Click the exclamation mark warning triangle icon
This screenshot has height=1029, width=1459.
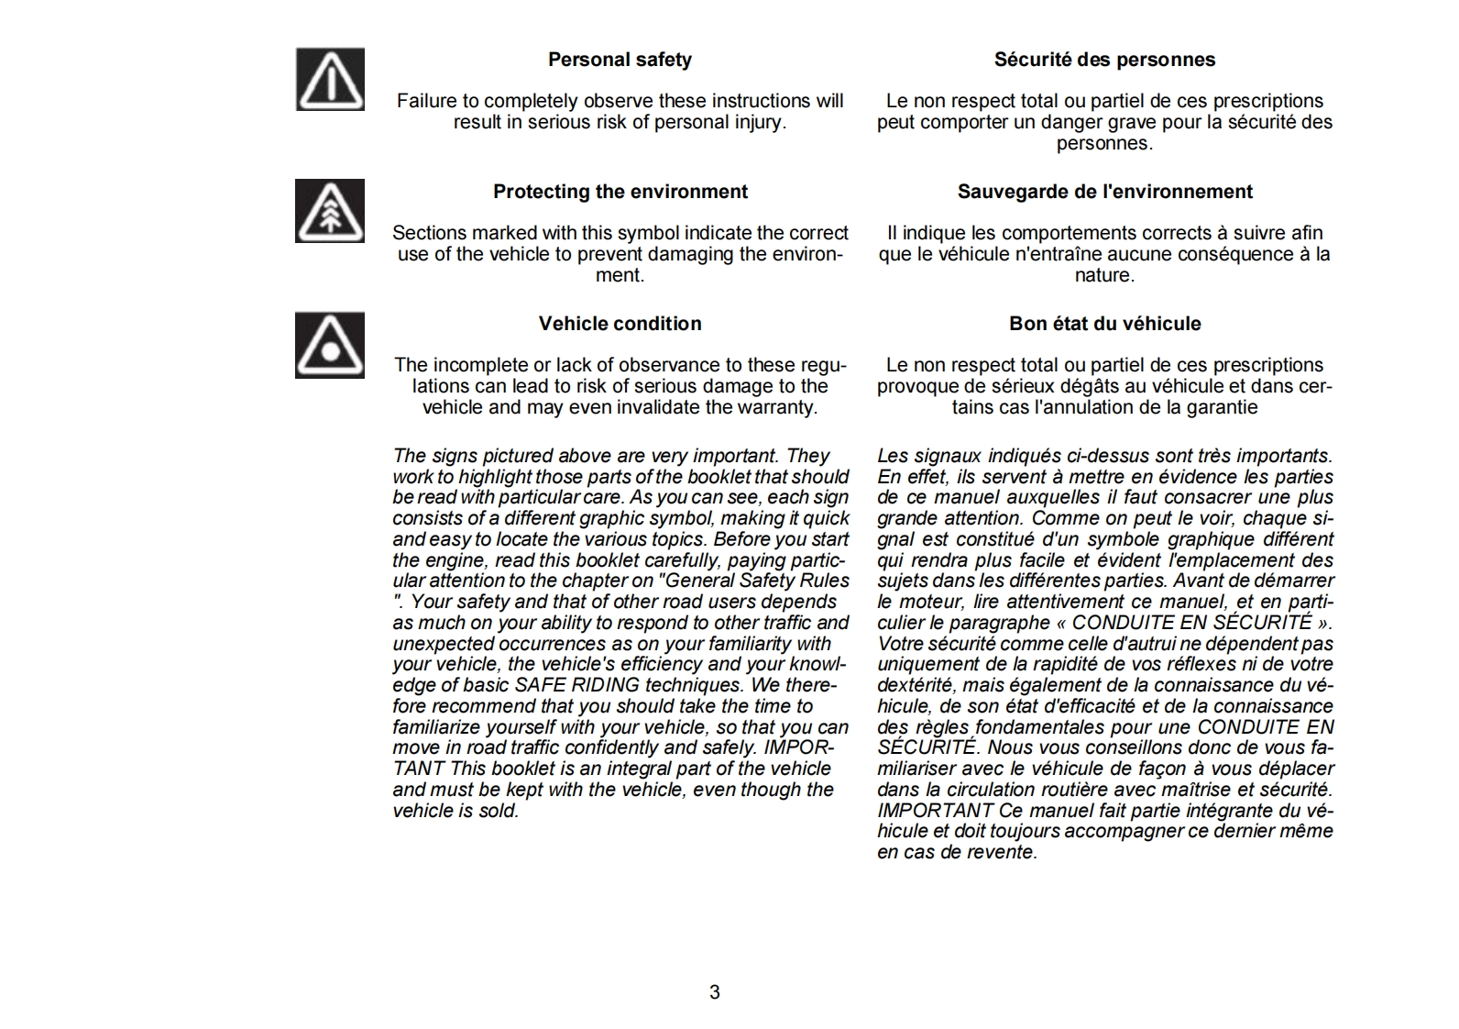[330, 80]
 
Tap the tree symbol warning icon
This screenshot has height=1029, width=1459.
[330, 211]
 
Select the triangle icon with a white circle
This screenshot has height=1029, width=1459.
[330, 345]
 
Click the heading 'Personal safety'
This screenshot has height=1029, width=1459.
[620, 60]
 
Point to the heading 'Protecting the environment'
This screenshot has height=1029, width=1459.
[620, 192]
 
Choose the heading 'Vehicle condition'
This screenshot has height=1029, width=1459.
[620, 324]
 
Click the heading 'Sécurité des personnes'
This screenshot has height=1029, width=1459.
[1104, 60]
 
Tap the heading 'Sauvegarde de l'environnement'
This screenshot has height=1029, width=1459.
[1104, 192]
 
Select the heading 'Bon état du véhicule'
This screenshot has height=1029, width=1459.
[1104, 324]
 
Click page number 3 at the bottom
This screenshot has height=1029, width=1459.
[715, 992]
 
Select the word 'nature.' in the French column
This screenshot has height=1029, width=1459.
[1104, 275]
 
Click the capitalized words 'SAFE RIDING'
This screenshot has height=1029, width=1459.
[577, 685]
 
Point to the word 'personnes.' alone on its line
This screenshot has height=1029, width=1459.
[1104, 143]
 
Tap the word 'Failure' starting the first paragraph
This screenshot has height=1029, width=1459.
[424, 101]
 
